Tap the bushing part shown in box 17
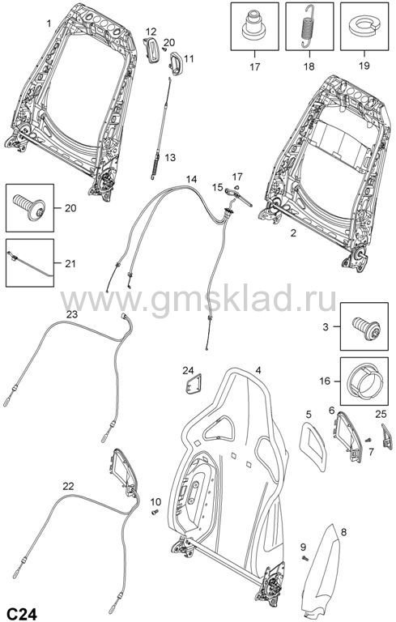click(x=254, y=25)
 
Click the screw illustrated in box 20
click(x=29, y=207)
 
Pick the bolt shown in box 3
click(x=366, y=328)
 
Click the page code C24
click(x=23, y=614)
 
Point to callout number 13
click(x=170, y=157)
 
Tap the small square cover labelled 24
click(x=194, y=385)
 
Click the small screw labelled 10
click(x=155, y=512)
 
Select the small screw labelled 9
click(x=305, y=559)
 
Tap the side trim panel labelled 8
click(x=322, y=572)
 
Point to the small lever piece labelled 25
click(x=387, y=437)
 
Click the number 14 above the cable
click(x=191, y=179)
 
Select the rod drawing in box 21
click(x=29, y=264)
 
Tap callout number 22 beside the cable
click(x=68, y=486)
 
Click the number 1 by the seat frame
click(x=49, y=23)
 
